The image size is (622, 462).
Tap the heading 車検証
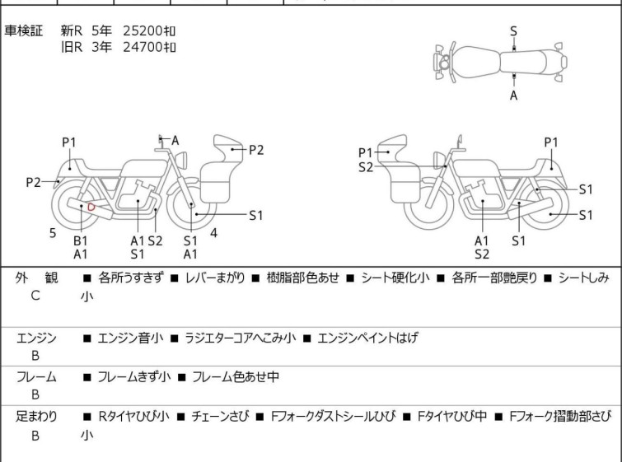24,30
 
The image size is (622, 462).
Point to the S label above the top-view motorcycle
513,31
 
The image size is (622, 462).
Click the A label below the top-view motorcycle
513,96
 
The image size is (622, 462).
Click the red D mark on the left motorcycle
91,207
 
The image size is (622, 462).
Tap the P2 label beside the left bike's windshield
256,149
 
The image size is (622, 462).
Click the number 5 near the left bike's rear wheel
53,233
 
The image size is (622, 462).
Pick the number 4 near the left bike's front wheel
214,233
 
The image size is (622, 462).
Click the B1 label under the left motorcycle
81,240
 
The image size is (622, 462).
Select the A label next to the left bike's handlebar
175,141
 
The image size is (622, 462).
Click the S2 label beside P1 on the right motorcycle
366,167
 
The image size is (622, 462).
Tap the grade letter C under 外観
35,295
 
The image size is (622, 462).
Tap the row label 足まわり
37,417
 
